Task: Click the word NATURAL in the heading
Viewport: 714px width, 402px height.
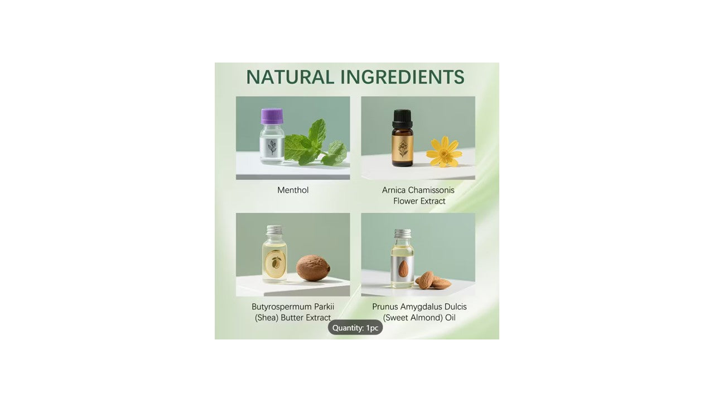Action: (x=290, y=77)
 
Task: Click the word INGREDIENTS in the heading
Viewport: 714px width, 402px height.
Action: (x=402, y=77)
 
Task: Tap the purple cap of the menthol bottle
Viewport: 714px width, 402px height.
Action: (x=272, y=116)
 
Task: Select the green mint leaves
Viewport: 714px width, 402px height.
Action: (x=316, y=143)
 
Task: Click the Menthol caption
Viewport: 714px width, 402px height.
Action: (x=293, y=190)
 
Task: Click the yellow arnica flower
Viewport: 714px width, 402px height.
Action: (x=444, y=152)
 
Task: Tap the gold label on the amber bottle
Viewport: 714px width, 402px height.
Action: (x=403, y=149)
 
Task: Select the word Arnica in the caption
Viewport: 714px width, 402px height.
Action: (x=393, y=190)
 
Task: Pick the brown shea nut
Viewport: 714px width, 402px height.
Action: (x=313, y=267)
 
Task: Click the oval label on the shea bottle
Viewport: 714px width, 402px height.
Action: (x=275, y=264)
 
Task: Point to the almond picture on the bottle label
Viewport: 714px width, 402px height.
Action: (x=403, y=269)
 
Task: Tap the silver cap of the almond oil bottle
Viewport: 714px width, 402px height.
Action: (x=403, y=234)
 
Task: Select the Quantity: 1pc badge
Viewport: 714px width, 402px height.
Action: (x=355, y=328)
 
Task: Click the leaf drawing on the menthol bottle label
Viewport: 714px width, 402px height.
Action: (x=272, y=147)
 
